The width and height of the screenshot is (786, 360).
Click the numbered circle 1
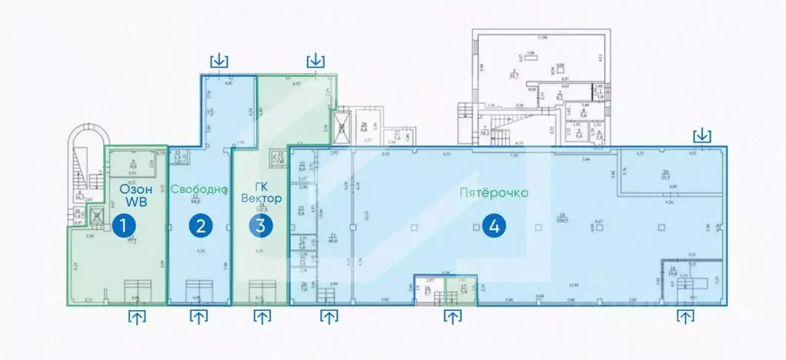click(122, 226)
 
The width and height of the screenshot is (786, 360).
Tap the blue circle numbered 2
click(201, 226)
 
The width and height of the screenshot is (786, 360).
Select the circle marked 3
click(261, 226)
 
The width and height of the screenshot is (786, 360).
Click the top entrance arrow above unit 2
click(220, 60)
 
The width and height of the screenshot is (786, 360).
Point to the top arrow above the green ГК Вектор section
click(315, 60)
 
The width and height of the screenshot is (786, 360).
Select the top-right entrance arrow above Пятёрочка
click(701, 136)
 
